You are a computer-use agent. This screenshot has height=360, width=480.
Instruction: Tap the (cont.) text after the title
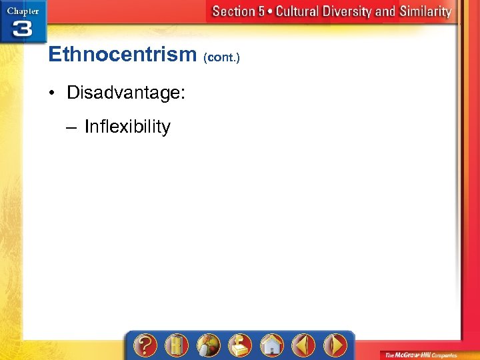point(221,57)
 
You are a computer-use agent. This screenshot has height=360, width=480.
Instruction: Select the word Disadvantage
point(125,93)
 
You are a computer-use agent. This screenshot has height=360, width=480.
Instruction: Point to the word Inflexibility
point(127,127)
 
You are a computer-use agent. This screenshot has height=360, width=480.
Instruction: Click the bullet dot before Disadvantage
point(53,93)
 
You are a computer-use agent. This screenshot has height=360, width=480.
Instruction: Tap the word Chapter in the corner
point(23,11)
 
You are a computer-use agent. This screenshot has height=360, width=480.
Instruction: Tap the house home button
point(272,345)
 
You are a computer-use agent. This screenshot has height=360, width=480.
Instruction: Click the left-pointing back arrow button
point(304,345)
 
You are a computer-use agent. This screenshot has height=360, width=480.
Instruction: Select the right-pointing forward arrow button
point(335,345)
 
